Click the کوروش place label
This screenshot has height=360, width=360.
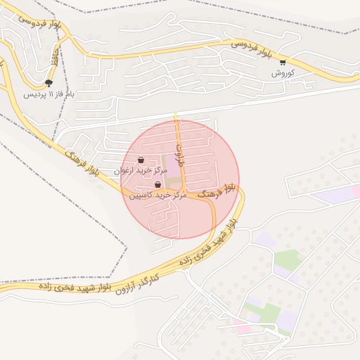pyautogui.click(x=283, y=72)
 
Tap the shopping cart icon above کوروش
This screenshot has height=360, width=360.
pyautogui.click(x=283, y=62)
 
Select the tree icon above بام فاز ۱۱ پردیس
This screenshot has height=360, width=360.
pyautogui.click(x=49, y=83)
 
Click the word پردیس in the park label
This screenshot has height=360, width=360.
pyautogui.click(x=32, y=94)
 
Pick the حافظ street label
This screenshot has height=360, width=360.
pyautogui.click(x=54, y=59)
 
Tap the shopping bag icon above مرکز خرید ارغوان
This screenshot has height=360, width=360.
pyautogui.click(x=142, y=160)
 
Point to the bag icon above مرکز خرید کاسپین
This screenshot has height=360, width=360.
pyautogui.click(x=157, y=184)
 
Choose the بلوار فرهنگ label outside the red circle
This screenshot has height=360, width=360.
pyautogui.click(x=81, y=162)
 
